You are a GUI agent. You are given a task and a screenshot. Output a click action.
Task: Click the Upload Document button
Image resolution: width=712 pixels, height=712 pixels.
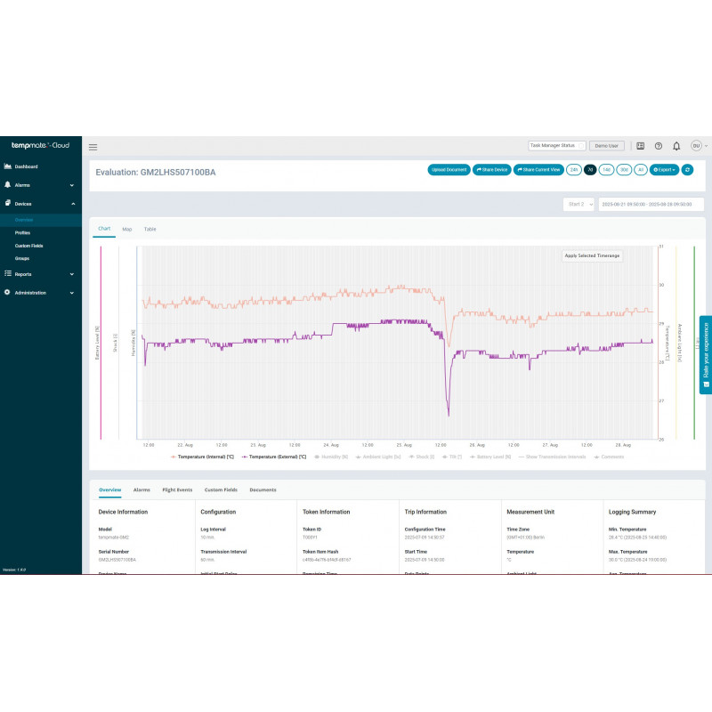pos(449,169)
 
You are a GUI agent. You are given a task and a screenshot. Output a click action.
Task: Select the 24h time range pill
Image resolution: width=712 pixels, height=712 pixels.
pos(574,169)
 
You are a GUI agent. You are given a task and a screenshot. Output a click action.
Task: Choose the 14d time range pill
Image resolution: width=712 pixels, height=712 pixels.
pos(606,169)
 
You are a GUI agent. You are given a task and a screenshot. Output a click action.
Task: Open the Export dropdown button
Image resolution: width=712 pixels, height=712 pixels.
pos(664,169)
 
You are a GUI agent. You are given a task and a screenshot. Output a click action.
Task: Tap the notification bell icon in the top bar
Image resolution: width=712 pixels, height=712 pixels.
pos(676,146)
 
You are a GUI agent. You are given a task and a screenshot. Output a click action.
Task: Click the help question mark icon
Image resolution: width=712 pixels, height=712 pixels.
pos(659,146)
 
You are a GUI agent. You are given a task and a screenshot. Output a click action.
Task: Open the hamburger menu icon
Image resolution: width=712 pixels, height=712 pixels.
pos(93,147)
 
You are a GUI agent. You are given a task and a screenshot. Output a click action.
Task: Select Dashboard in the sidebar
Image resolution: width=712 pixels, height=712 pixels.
pos(26,166)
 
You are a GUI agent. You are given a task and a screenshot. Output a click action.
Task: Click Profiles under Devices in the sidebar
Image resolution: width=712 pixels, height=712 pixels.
pos(22,232)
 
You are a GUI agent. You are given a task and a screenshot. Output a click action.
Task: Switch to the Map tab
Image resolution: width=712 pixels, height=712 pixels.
pos(127,230)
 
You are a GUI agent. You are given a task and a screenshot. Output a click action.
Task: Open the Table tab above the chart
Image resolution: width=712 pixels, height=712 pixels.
pos(150,230)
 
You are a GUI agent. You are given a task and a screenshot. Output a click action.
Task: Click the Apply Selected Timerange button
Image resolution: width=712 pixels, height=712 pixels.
pos(592,255)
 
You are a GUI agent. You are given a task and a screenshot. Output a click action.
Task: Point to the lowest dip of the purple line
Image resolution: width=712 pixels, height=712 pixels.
pos(449,415)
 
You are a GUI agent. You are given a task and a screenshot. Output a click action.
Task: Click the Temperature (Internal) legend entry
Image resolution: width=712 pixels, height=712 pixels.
pos(205,457)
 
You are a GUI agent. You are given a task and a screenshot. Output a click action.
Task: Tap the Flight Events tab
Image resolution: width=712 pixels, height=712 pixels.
pos(177,490)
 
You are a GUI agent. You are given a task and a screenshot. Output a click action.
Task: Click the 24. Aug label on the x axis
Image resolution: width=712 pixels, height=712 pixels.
pos(331,445)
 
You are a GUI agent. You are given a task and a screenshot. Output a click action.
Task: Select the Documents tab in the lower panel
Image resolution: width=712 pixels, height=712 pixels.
pos(263,490)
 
